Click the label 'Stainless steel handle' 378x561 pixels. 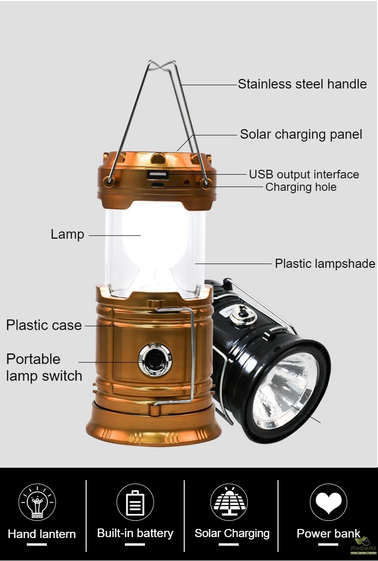pos(302,84)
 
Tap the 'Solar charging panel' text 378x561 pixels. pos(301,134)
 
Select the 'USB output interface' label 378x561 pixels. pos(304,174)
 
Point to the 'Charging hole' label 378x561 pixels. pos(300,187)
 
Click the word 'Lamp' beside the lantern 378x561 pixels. pos(67,234)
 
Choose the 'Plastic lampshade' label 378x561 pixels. pos(325,264)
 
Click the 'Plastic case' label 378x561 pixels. pos(44,325)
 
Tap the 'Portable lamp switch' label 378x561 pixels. pos(44,367)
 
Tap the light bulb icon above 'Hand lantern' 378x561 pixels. pos(37,502)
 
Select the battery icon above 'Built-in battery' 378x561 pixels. pos(135,502)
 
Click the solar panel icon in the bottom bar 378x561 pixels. pos(229,502)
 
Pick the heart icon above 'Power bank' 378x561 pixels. pos(328,502)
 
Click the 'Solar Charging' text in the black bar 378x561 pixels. pos(232,533)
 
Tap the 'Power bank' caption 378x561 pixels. pos(328,533)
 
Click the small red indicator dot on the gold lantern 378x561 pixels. pos(187,182)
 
